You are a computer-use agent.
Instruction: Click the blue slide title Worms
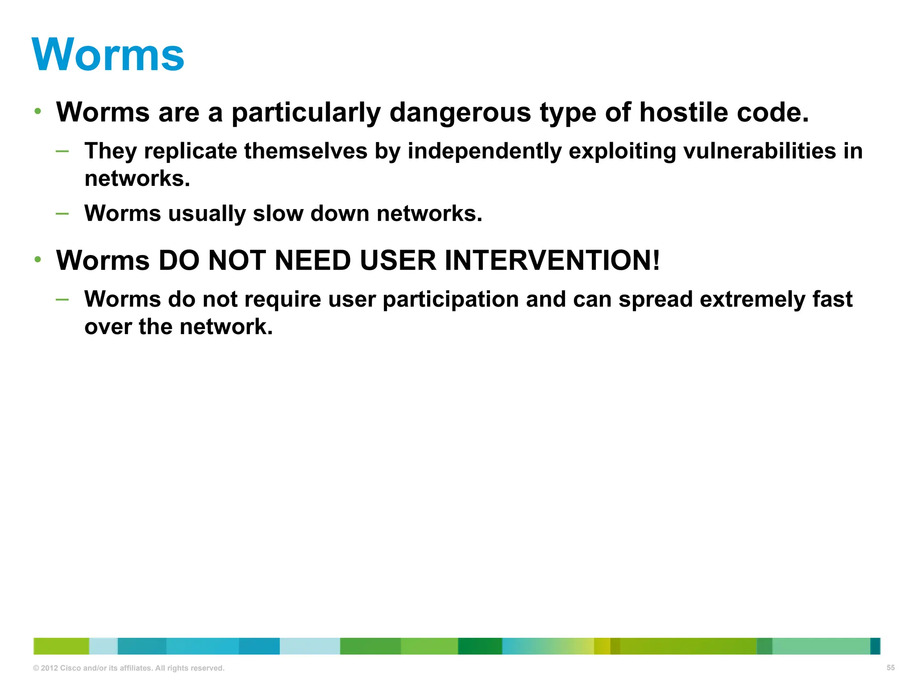(x=108, y=55)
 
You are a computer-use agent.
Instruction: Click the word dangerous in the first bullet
(x=460, y=112)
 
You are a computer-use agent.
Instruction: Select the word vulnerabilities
(x=759, y=151)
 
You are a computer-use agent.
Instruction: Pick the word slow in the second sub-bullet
(x=278, y=213)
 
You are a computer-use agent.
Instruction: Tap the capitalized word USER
(x=398, y=260)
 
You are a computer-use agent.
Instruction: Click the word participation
(x=451, y=300)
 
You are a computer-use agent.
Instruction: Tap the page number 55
(x=890, y=668)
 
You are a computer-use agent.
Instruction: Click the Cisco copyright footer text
(x=129, y=668)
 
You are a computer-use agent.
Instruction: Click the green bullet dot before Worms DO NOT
(x=38, y=259)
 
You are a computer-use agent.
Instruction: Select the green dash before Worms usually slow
(x=62, y=213)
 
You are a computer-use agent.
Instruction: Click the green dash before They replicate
(x=62, y=151)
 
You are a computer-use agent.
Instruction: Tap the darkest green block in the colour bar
(x=480, y=646)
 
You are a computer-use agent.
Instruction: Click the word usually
(x=207, y=214)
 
